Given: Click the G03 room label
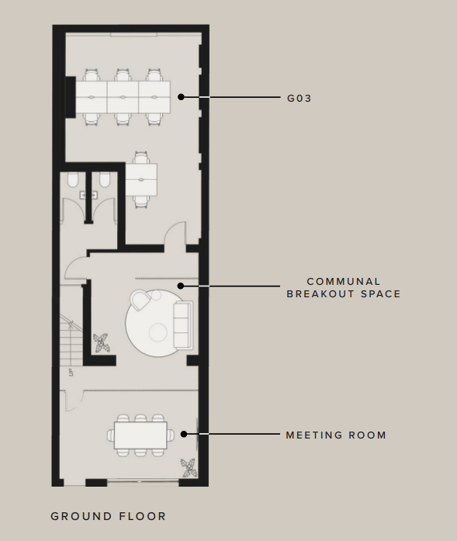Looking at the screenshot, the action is click(299, 99).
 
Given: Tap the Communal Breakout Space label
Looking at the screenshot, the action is click(344, 288).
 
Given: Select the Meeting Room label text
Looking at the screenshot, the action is click(336, 435).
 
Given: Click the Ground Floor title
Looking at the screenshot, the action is click(109, 516).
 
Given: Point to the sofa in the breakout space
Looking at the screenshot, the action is click(183, 324).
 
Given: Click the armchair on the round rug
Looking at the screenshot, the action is click(140, 300).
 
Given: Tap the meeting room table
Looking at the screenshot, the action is click(140, 435).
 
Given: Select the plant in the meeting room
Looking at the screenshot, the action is click(189, 468).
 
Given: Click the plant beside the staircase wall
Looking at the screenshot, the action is click(102, 342).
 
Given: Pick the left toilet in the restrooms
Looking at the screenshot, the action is click(73, 179).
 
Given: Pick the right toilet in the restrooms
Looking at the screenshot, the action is click(105, 179).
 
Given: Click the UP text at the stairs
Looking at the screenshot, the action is click(71, 373).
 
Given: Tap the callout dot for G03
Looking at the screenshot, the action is click(181, 97).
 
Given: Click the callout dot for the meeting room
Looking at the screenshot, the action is click(184, 434).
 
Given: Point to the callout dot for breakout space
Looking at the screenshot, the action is click(180, 286).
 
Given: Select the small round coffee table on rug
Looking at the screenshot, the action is click(158, 332).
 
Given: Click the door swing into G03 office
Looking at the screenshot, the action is click(175, 233).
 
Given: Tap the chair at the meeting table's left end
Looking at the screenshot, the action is click(111, 435).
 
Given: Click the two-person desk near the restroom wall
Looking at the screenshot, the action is click(141, 179).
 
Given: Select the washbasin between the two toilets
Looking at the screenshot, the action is click(88, 196).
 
